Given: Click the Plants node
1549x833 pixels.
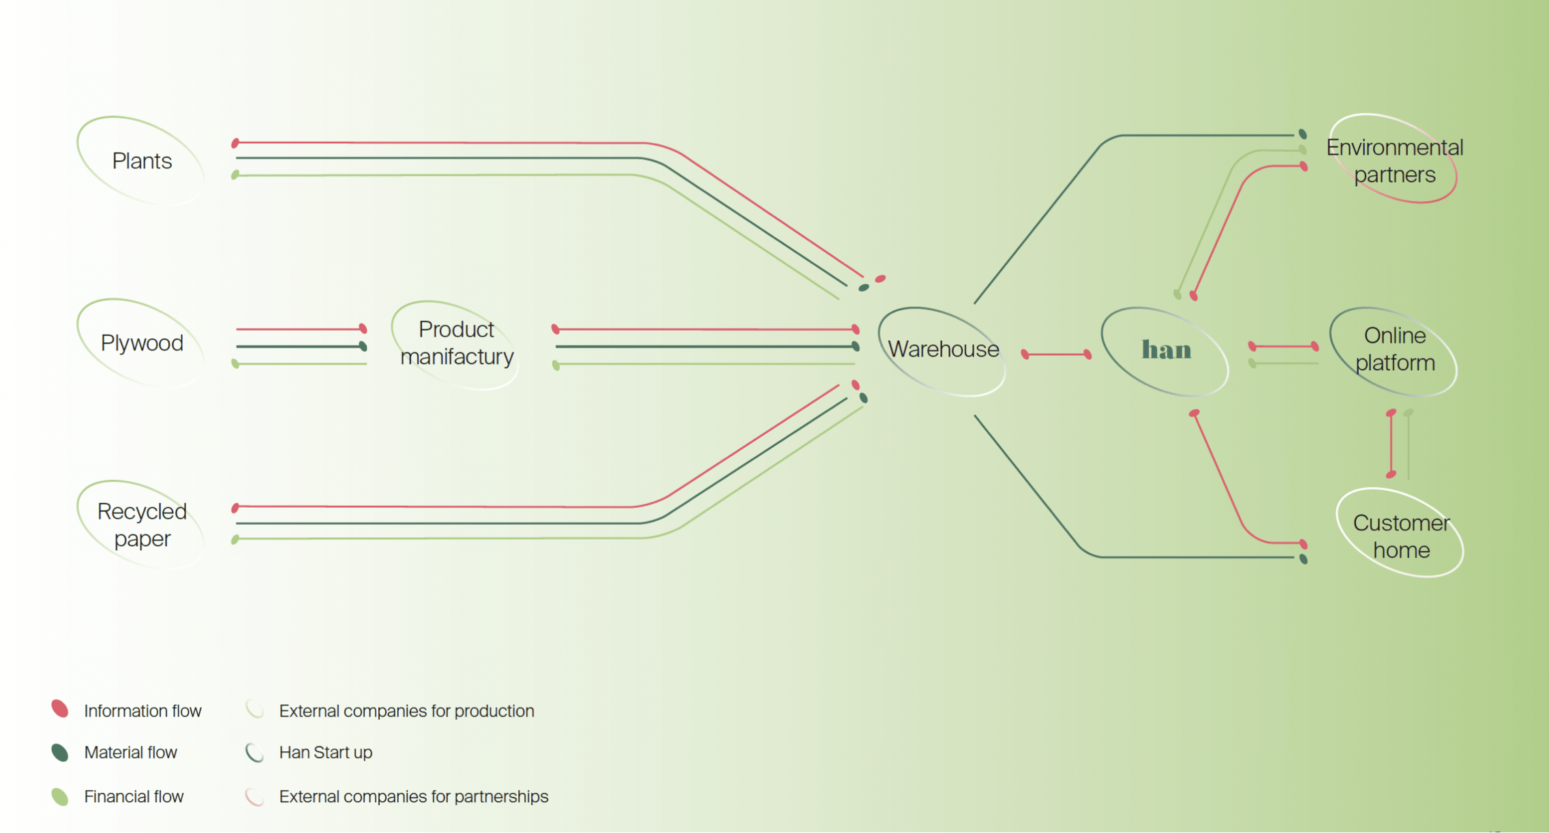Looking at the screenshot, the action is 141,161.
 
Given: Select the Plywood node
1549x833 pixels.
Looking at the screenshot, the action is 141,343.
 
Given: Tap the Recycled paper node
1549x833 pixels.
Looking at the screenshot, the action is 141,525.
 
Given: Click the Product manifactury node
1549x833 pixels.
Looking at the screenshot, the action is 456,343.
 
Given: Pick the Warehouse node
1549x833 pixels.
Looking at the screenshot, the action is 943,350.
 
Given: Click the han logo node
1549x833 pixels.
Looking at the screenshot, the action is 1166,350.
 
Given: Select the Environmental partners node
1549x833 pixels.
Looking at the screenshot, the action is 1394,161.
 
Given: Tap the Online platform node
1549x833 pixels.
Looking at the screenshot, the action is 1394,350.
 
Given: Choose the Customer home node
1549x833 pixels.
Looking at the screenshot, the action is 1400,536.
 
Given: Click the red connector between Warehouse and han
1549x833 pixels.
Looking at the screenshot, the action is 1056,354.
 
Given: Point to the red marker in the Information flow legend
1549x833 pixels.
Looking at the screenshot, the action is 60,709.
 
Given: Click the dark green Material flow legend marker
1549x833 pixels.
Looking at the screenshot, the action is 60,752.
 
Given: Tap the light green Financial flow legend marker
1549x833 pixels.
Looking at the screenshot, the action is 60,796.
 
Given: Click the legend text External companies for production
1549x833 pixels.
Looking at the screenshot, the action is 406,711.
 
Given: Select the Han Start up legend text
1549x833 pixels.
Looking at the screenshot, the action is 325,753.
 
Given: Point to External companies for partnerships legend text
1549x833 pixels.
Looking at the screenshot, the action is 413,796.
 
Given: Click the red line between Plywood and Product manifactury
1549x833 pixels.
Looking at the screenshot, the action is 300,329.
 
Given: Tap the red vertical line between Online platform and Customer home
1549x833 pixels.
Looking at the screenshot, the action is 1391,444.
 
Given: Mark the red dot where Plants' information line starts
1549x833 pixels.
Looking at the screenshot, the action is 235,143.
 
